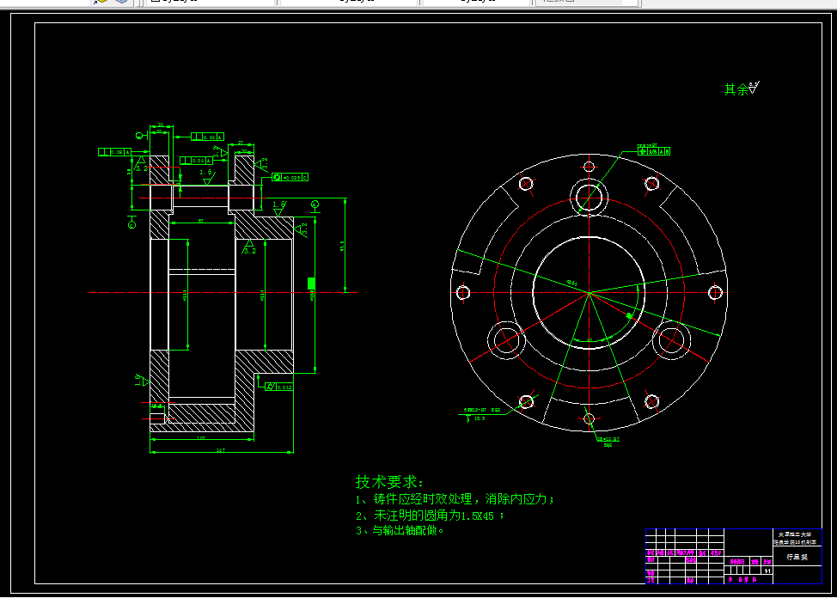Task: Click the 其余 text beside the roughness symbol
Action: click(736, 89)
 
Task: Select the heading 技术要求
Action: click(389, 482)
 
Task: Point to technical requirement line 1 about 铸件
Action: click(455, 499)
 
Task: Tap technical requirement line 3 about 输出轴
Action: click(400, 531)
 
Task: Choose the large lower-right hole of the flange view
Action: click(671, 341)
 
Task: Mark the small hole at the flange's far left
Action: click(463, 292)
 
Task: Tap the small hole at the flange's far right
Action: click(714, 292)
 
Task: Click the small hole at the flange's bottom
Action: click(589, 418)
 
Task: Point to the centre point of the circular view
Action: click(589, 293)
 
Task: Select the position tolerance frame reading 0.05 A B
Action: click(653, 151)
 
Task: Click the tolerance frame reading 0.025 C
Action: click(290, 177)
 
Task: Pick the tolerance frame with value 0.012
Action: click(279, 387)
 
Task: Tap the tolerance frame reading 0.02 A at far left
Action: click(115, 152)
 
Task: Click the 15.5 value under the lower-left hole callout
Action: click(480, 418)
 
